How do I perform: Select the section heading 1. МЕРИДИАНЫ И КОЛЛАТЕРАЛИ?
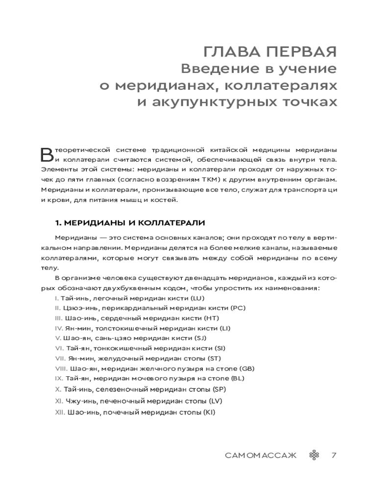[129, 222]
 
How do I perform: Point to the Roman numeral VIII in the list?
[61, 368]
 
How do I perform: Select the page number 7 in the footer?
[334, 455]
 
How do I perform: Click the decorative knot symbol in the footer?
[314, 455]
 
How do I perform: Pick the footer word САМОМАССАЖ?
[261, 455]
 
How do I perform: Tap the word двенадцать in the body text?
[192, 278]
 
